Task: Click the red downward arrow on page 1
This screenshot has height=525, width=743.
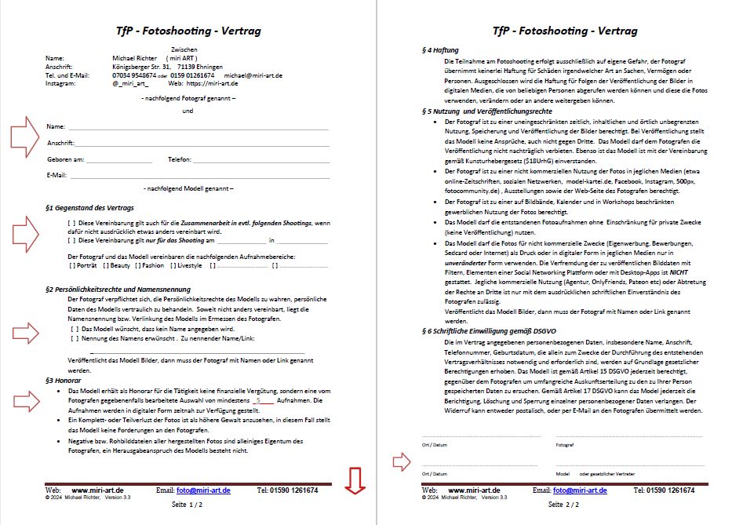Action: [x=355, y=481]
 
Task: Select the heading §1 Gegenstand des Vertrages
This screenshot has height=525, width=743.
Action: [x=90, y=207]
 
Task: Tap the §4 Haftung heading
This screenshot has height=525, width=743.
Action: [x=440, y=49]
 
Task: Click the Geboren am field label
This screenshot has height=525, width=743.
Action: [x=65, y=159]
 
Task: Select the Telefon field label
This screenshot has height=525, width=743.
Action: [x=180, y=159]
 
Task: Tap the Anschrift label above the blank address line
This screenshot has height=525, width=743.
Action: [x=60, y=143]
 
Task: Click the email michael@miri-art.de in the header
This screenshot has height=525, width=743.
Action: [x=253, y=75]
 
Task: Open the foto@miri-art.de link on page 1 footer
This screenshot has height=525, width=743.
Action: [x=203, y=490]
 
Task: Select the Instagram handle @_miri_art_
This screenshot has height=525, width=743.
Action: [x=130, y=82]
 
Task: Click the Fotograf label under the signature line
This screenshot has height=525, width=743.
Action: [x=565, y=445]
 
